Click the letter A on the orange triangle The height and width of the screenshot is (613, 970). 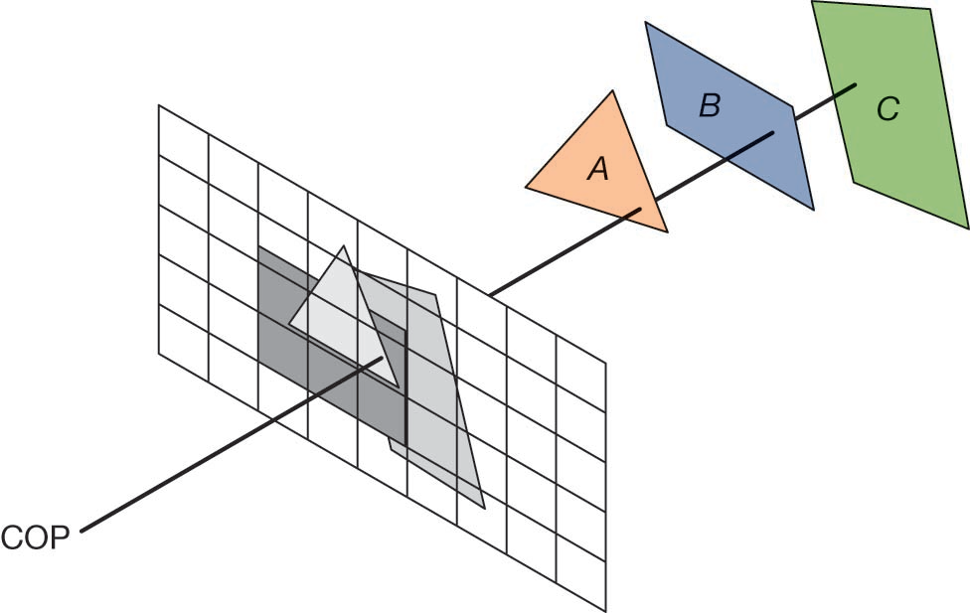(597, 170)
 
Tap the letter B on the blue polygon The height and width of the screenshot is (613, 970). (709, 105)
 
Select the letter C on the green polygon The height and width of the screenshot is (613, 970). (888, 109)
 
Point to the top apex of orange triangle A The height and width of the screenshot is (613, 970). (613, 91)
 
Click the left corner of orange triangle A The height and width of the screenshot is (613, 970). (526, 186)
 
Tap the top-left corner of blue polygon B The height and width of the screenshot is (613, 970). (646, 22)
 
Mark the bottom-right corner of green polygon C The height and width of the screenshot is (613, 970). (968, 229)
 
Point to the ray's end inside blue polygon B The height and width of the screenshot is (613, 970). (773, 132)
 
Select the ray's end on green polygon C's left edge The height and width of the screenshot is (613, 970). (855, 85)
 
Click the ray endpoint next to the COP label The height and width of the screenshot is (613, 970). (81, 530)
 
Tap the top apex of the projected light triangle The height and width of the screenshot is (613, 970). (343, 245)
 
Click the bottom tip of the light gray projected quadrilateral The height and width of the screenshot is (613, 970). (484, 508)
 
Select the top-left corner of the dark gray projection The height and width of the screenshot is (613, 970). (258, 246)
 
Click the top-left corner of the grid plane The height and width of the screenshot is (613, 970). (159, 105)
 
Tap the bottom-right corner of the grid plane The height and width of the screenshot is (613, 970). (605, 609)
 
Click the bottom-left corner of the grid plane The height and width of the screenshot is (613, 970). (159, 353)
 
